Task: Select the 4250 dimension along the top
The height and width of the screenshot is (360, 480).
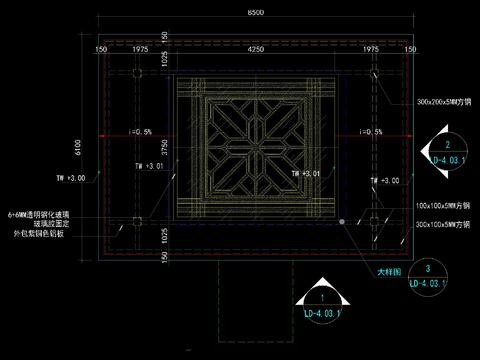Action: (x=256, y=47)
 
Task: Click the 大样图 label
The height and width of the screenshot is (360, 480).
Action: (x=388, y=271)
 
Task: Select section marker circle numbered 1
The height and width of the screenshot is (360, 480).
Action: (x=321, y=298)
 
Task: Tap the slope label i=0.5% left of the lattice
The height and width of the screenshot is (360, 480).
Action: (x=139, y=132)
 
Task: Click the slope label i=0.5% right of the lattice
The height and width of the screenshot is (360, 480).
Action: (x=371, y=132)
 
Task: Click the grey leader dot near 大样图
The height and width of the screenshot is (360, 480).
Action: (x=342, y=220)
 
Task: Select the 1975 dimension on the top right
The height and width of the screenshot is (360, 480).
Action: (x=372, y=47)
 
